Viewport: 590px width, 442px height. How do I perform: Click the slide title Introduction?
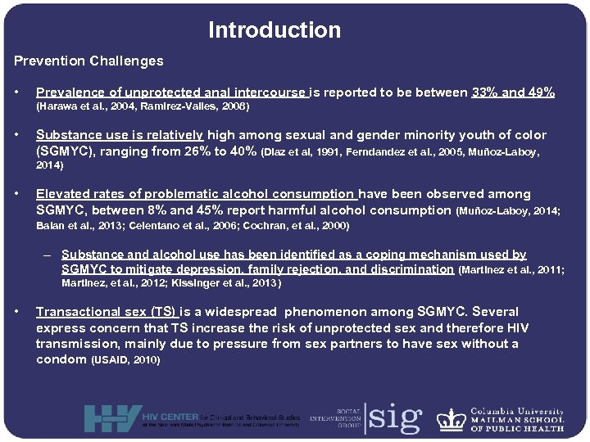[x=275, y=30]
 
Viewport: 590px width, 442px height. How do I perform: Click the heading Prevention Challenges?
[x=88, y=61]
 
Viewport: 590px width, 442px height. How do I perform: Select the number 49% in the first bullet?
[x=539, y=92]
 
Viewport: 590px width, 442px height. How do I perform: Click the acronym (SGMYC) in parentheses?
[x=69, y=151]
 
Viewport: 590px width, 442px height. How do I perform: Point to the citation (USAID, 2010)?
[x=125, y=360]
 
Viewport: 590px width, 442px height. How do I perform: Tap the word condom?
[x=61, y=359]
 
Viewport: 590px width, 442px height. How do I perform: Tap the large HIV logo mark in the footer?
[x=111, y=418]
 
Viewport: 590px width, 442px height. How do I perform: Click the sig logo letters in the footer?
[x=396, y=417]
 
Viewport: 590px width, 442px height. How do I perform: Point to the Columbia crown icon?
[x=451, y=418]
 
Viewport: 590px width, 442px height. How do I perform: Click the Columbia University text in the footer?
[x=517, y=412]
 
